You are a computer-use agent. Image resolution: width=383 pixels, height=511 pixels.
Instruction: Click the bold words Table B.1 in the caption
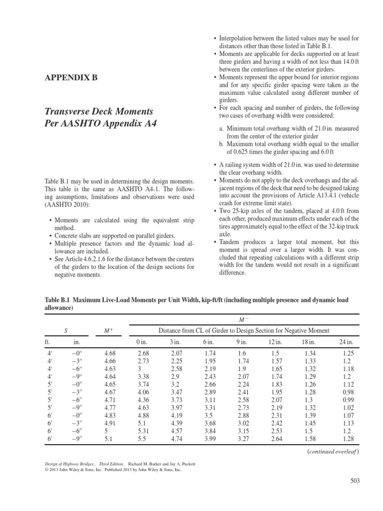pyautogui.click(x=59, y=300)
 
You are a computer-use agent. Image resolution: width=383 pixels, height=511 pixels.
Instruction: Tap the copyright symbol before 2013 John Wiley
pyautogui.click(x=47, y=470)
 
